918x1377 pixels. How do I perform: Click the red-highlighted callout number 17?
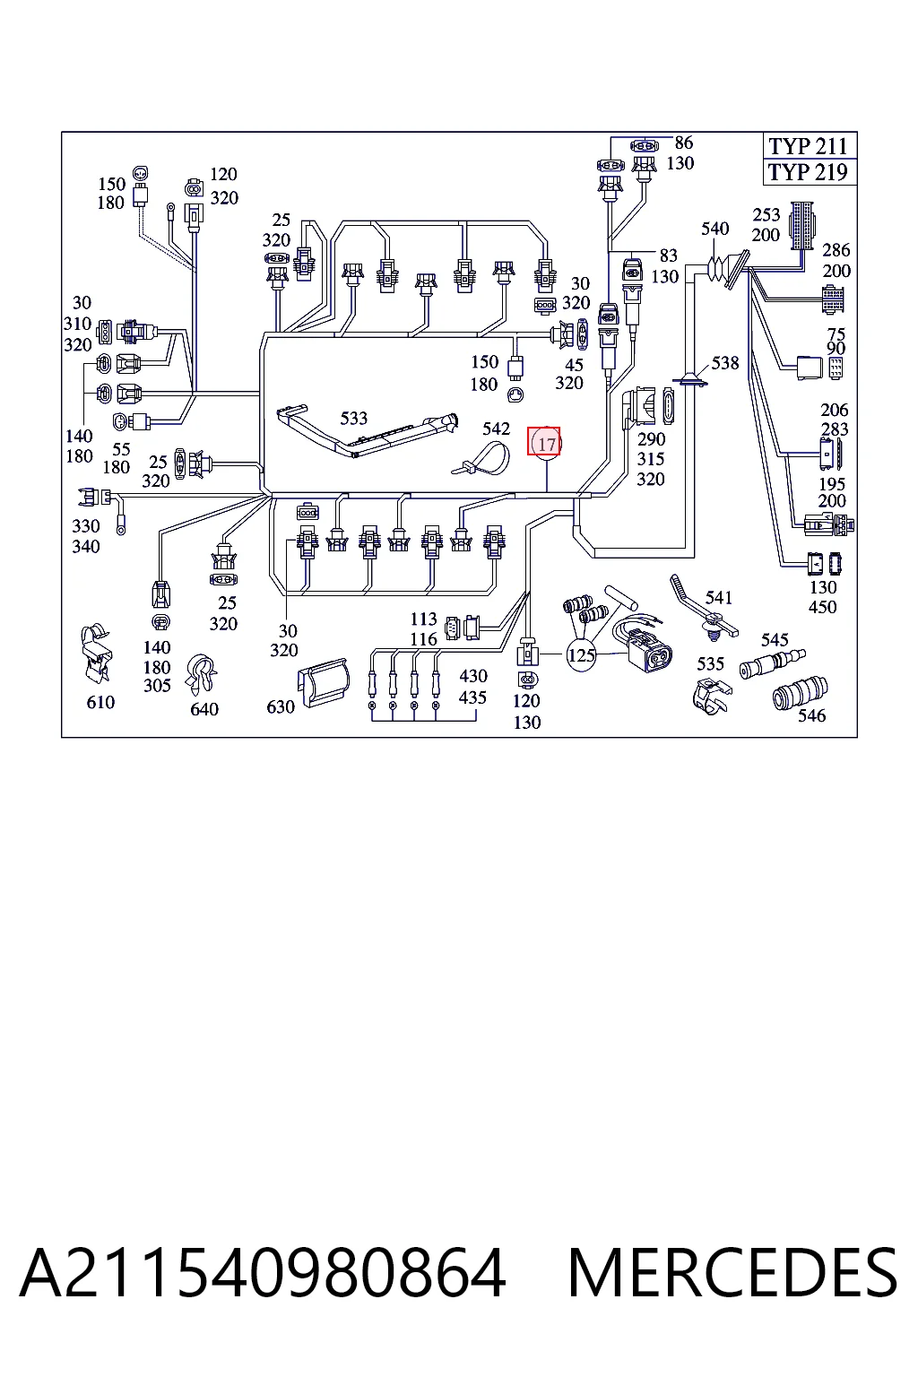[545, 442]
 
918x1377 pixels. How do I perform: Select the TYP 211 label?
[808, 146]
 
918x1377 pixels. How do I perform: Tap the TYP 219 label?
[808, 172]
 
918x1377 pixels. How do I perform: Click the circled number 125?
[581, 654]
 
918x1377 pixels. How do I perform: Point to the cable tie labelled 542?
[482, 460]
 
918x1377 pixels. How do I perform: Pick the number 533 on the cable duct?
[353, 418]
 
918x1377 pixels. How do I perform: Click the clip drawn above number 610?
[97, 655]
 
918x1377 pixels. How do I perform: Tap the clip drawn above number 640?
[202, 676]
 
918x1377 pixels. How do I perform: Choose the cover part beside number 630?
[324, 681]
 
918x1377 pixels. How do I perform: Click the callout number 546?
[811, 714]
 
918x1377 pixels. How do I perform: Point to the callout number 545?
[775, 640]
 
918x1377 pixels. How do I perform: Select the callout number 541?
[719, 598]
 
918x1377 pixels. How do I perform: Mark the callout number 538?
[725, 363]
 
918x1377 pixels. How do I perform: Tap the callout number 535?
[710, 664]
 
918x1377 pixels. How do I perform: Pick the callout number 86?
[684, 143]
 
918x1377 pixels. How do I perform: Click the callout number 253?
[766, 214]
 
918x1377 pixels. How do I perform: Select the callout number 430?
[472, 676]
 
